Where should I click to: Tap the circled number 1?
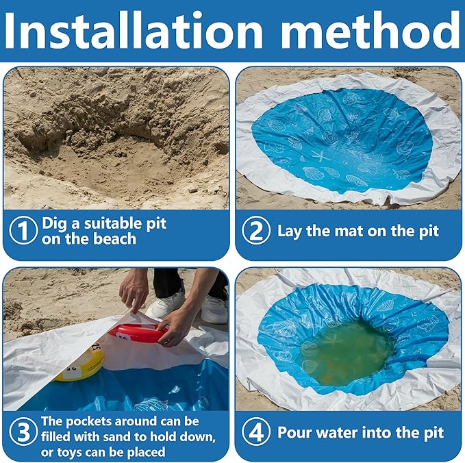23,231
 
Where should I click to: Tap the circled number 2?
256,231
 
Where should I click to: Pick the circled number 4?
256,433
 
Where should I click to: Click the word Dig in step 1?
55,223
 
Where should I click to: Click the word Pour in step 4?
295,433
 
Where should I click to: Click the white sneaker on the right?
214,309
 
